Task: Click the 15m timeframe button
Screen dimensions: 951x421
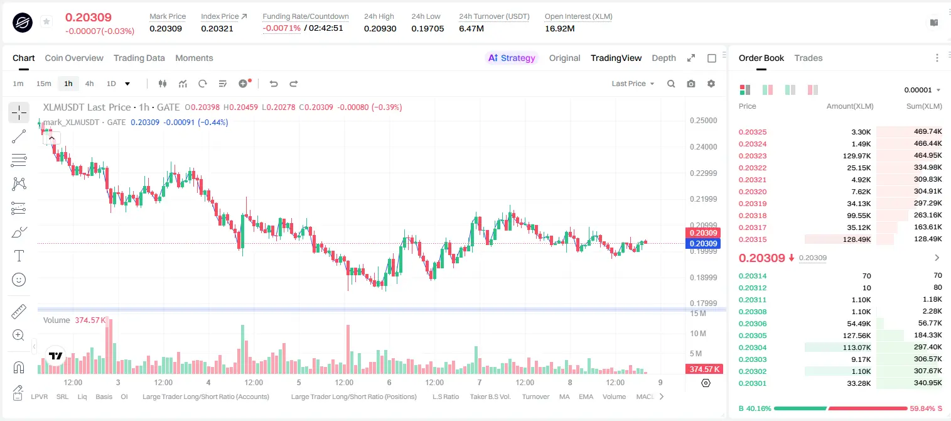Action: [44, 84]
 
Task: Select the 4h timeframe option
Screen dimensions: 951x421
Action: [89, 84]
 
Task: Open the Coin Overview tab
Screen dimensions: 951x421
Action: [74, 58]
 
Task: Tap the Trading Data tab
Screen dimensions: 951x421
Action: [139, 58]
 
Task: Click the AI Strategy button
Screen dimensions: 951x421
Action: [512, 58]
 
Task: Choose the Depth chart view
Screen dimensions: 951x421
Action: [664, 58]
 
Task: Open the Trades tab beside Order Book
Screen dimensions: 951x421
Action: [809, 58]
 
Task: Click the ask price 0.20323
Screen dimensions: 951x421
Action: [752, 156]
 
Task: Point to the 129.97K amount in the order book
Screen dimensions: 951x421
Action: [857, 156]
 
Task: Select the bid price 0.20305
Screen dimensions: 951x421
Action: [752, 336]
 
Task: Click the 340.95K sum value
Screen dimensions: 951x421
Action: [928, 383]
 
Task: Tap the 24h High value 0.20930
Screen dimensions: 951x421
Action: [380, 28]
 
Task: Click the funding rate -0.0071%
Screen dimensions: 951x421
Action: [281, 28]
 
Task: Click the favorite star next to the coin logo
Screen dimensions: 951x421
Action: [46, 21]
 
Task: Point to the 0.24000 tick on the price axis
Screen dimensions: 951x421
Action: [704, 147]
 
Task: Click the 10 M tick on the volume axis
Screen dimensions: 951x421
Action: [698, 334]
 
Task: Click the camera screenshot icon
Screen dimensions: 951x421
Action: [691, 84]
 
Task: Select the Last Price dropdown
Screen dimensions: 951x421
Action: [633, 84]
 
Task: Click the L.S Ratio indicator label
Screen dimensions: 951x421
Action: [445, 396]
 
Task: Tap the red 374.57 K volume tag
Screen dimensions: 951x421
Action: [704, 369]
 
